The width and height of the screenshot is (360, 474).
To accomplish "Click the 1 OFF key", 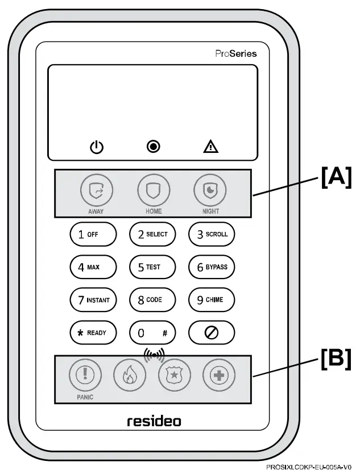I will (93, 234).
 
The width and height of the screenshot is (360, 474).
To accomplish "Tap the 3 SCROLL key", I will (212, 234).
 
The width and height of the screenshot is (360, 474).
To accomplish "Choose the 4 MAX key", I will (93, 267).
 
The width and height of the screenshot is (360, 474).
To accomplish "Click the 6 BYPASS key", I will (212, 267).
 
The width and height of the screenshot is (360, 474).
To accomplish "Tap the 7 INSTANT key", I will (93, 300).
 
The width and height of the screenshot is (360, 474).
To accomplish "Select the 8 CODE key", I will (152, 300).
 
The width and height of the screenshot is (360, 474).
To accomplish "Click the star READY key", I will (93, 332).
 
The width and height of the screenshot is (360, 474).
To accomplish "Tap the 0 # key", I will (152, 332).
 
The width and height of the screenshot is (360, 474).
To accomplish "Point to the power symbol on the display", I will (97, 147).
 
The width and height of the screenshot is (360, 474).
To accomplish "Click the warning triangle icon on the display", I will (211, 147).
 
